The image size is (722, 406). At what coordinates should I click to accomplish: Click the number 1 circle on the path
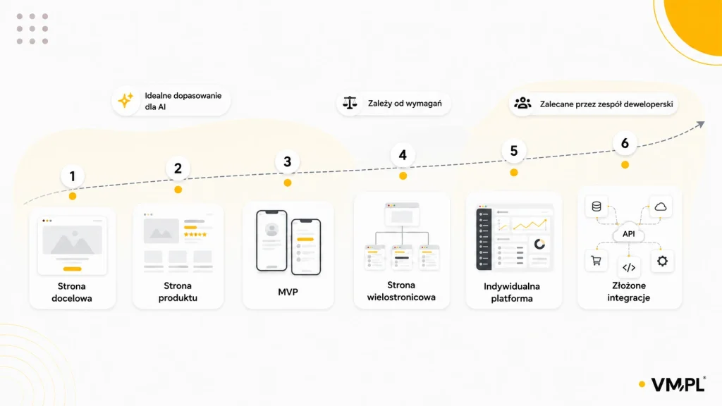point(73,176)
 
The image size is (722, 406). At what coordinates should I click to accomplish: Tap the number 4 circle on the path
point(403,154)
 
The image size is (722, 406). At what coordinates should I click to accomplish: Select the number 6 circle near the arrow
point(625,143)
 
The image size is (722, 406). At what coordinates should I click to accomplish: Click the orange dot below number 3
point(288,183)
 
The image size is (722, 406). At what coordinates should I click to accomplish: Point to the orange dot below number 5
point(514,173)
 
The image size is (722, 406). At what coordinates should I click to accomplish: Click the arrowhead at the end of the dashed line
point(700,124)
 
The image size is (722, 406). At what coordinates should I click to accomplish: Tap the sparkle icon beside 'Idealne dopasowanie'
point(126,100)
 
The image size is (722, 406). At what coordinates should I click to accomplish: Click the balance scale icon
point(350,103)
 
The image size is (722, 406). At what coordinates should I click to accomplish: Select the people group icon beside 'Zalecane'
point(522,103)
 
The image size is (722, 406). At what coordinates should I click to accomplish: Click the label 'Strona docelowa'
point(72,293)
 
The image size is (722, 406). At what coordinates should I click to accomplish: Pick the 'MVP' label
point(288,292)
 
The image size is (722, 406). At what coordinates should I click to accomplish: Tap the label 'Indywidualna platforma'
point(512,293)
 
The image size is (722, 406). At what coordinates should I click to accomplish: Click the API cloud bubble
point(628,234)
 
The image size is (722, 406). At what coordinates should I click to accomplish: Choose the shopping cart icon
point(596,261)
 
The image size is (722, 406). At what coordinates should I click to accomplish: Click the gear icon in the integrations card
point(662,261)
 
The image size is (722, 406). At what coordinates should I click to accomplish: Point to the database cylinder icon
point(596,207)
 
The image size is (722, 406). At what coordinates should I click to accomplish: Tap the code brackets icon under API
point(629,267)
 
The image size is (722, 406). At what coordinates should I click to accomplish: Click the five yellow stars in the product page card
point(195,235)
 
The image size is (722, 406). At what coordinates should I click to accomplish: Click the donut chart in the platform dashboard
point(539,244)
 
